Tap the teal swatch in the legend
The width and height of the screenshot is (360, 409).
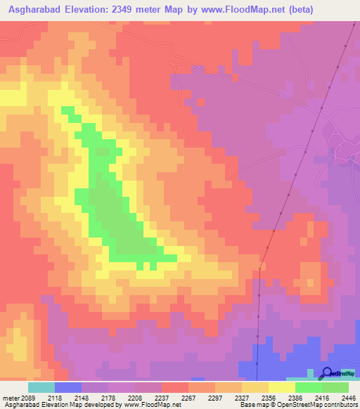coord(41,387)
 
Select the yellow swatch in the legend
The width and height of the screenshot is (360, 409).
coord(281,387)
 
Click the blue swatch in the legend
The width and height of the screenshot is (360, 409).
coord(68,387)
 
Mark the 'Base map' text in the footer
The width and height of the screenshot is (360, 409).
coord(249,405)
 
